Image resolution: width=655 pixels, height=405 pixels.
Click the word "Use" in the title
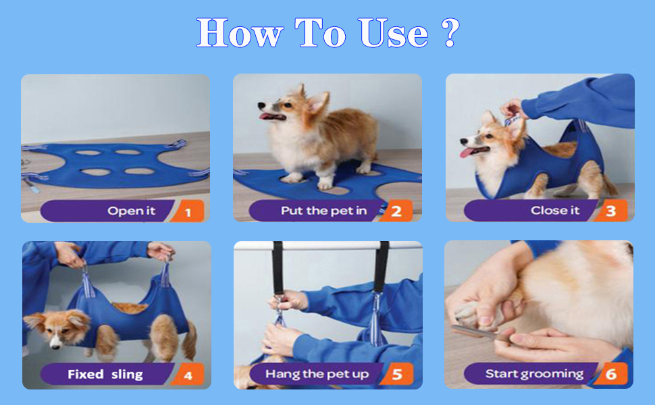(393, 32)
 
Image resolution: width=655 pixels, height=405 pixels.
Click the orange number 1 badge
(188, 211)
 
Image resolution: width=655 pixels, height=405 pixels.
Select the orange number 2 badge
(396, 211)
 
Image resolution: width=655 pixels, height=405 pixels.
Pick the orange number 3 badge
(610, 211)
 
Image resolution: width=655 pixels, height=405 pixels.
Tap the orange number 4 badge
(188, 374)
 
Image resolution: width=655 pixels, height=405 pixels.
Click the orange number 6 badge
(610, 374)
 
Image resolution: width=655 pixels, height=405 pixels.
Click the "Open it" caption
(131, 211)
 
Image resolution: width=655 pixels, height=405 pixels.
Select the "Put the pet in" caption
(323, 211)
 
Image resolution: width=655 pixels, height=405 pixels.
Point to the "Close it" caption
(555, 211)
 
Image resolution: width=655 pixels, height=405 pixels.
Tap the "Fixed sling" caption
(105, 374)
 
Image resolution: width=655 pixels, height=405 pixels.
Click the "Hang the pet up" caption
(317, 374)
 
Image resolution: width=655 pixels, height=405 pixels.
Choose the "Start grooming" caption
(534, 374)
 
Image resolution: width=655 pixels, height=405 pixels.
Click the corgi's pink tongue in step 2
(265, 116)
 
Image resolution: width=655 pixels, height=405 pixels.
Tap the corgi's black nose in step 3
(463, 142)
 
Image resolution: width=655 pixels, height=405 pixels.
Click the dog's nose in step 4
(55, 344)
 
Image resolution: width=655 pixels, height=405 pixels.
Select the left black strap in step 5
(278, 267)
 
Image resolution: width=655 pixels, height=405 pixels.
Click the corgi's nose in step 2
(261, 105)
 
